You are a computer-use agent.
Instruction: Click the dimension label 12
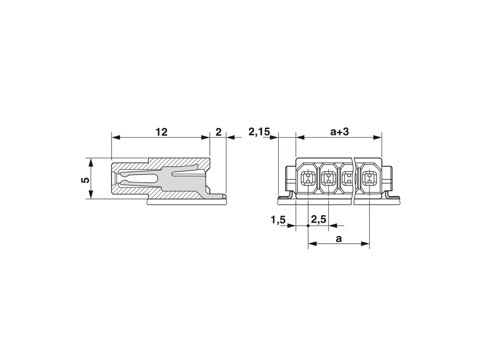(x=161, y=132)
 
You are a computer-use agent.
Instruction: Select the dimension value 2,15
(x=259, y=132)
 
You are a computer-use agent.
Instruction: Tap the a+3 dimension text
(x=339, y=132)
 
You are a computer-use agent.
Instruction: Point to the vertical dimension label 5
(x=86, y=179)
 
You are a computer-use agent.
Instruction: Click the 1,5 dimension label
(x=278, y=220)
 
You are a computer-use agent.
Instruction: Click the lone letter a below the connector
(x=338, y=239)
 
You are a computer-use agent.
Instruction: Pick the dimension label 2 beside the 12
(x=218, y=132)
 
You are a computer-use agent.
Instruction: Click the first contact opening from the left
(x=308, y=178)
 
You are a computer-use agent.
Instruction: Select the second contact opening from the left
(x=328, y=178)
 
